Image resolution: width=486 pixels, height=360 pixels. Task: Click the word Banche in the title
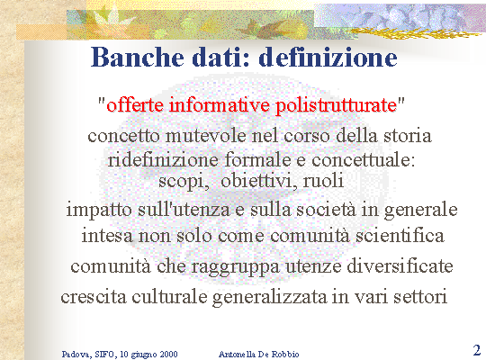(138, 58)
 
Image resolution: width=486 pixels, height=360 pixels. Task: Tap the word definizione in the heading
(328, 58)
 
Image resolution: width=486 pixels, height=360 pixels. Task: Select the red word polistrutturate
(337, 105)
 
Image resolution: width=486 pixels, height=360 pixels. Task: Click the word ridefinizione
(163, 159)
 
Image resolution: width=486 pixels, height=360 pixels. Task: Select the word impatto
(99, 210)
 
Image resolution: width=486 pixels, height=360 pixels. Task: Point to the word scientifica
(400, 235)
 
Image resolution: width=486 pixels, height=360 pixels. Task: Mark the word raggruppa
(235, 266)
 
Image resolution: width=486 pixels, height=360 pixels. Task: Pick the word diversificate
(400, 265)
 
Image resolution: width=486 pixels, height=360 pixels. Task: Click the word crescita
(94, 297)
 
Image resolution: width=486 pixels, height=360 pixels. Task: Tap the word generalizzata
(270, 297)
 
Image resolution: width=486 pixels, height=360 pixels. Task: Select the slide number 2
(477, 350)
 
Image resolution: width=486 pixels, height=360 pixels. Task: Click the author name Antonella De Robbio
(259, 354)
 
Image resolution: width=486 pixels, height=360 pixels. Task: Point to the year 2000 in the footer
(168, 354)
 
